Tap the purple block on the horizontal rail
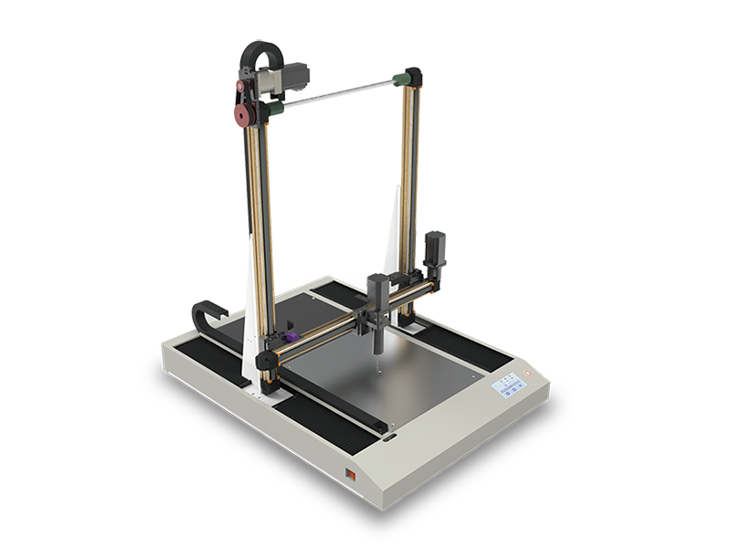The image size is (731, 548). [291, 339]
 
